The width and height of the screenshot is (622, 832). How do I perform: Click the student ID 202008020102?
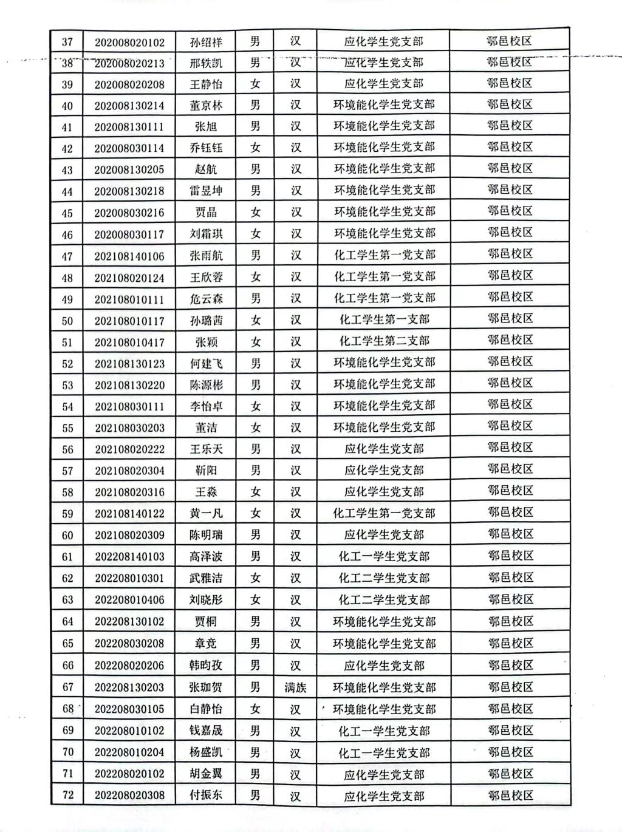click(x=129, y=43)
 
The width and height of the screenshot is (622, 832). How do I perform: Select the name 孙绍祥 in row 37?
click(x=206, y=43)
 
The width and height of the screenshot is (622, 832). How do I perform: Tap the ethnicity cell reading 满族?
click(x=295, y=687)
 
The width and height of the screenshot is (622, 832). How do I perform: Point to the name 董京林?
click(x=206, y=106)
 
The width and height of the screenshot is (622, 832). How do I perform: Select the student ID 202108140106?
click(x=129, y=256)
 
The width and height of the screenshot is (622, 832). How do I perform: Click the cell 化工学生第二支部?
click(x=384, y=341)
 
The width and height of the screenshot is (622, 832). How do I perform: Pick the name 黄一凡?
click(x=206, y=513)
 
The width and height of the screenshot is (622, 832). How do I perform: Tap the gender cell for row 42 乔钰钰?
click(x=256, y=148)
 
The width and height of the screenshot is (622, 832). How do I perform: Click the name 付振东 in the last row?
click(x=206, y=795)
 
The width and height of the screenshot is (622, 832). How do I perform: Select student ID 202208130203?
click(x=129, y=687)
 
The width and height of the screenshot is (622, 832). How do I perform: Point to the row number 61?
click(x=67, y=557)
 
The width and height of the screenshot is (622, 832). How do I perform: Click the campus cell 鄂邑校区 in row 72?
click(x=510, y=794)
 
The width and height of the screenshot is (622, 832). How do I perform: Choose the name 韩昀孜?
click(x=206, y=666)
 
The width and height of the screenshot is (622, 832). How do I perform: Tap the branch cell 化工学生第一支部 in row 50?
click(x=384, y=319)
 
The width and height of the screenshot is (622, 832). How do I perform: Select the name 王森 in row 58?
click(x=206, y=492)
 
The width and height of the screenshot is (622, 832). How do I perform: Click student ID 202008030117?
click(x=129, y=234)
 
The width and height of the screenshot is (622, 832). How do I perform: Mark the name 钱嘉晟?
click(x=206, y=731)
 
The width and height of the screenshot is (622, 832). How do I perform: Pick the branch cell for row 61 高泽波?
click(x=384, y=556)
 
